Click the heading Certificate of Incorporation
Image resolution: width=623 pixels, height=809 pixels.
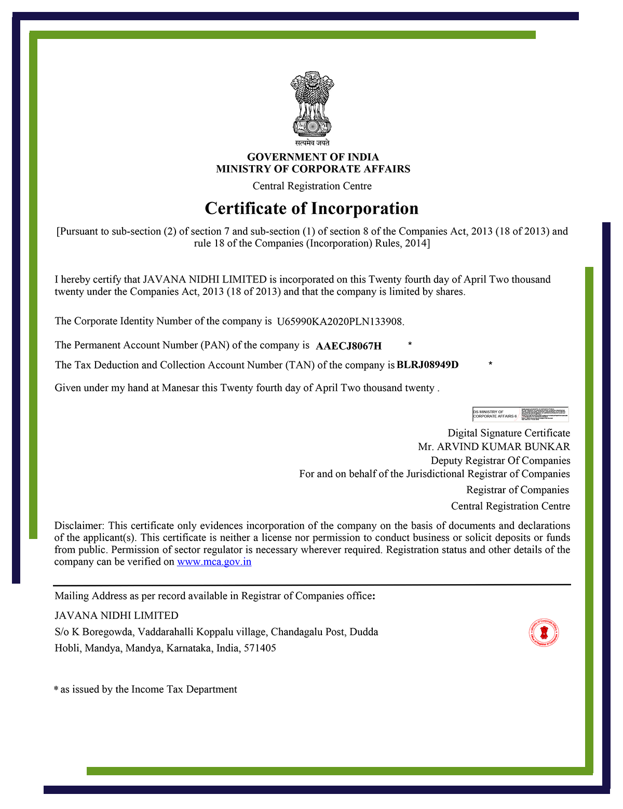click(311, 208)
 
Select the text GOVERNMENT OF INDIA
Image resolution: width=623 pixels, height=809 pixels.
click(313, 157)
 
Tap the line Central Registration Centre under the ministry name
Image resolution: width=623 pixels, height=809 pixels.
click(312, 186)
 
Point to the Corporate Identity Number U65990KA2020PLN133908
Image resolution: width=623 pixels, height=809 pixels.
click(340, 321)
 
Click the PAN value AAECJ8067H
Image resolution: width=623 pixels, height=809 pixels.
click(348, 346)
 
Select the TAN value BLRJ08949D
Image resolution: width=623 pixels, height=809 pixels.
click(427, 365)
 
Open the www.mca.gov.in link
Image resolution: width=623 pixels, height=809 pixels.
click(214, 562)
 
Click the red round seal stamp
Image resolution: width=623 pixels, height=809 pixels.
click(544, 633)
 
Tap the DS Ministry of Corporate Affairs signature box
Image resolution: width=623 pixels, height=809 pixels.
click(520, 414)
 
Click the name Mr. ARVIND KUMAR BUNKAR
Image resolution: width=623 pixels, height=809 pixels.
click(494, 447)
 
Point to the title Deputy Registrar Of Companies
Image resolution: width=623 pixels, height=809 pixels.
click(500, 461)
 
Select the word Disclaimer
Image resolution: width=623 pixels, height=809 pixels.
click(79, 525)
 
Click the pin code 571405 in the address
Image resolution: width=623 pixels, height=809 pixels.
click(260, 648)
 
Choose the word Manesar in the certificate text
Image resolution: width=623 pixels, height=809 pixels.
click(180, 388)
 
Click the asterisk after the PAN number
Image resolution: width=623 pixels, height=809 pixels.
click(410, 344)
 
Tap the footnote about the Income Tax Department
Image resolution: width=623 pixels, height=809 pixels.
click(146, 690)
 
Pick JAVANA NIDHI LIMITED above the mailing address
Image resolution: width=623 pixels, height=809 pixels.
click(116, 615)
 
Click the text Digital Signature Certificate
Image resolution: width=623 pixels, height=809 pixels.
click(509, 433)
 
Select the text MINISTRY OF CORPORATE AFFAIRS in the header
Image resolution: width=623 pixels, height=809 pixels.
click(313, 169)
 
